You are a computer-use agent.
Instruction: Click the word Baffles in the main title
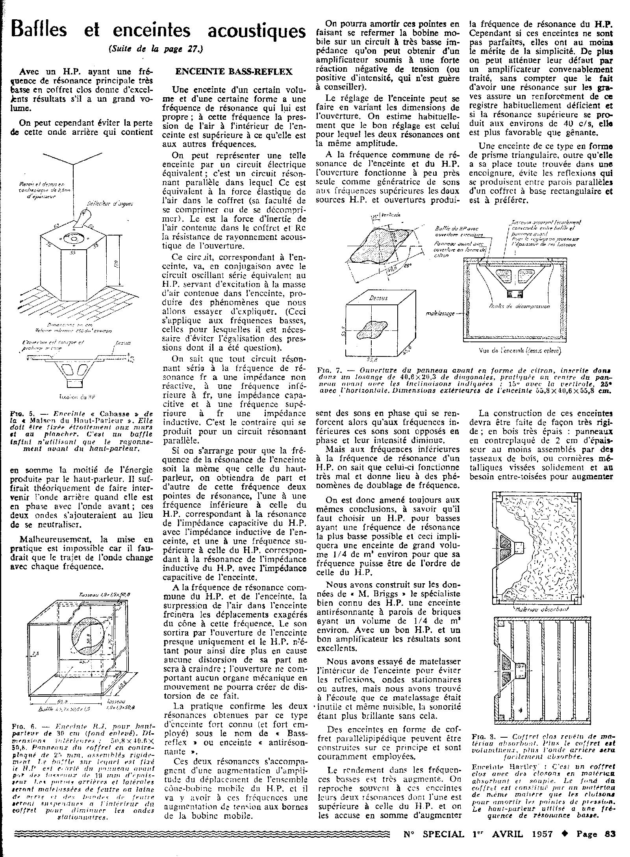point(39,30)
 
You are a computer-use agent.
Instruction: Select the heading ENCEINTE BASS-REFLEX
point(233,71)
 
